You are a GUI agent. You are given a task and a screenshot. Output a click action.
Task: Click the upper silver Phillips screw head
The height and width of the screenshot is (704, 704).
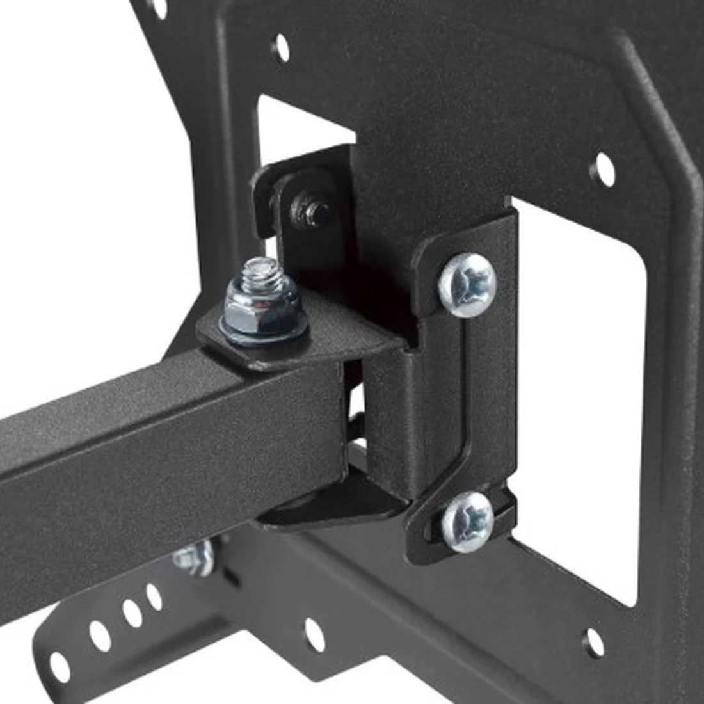pos(467,284)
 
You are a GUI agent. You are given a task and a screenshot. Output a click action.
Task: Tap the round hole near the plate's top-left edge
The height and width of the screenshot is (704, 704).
pos(280,47)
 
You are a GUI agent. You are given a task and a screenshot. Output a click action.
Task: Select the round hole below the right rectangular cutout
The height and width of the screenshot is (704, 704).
pos(595,641)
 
